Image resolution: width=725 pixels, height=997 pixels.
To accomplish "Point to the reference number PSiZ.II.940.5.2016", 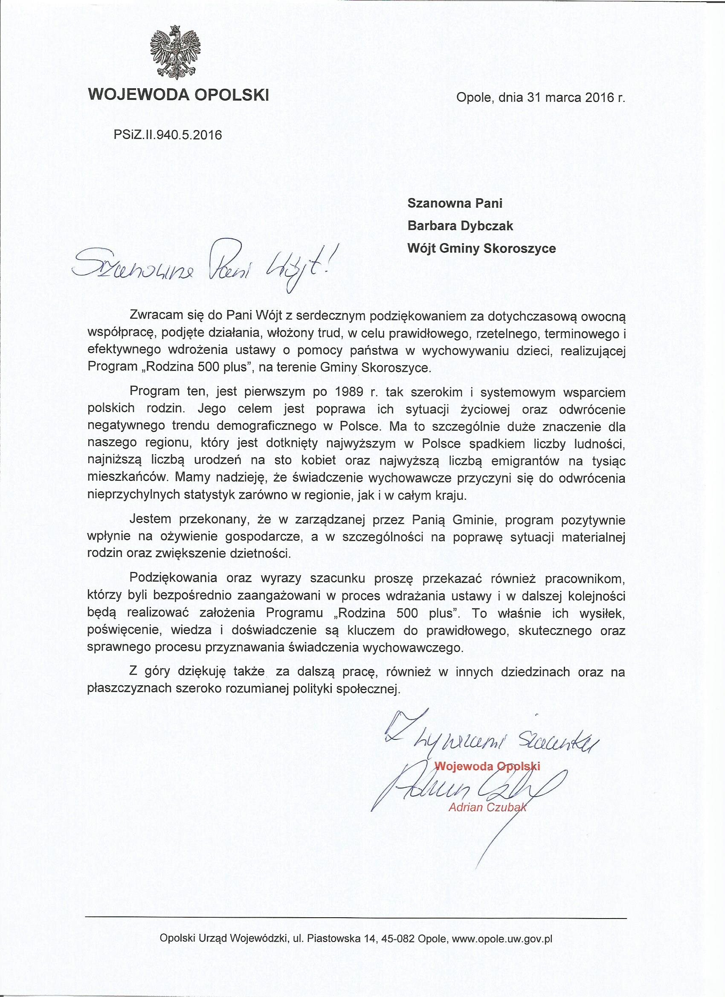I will (168, 134).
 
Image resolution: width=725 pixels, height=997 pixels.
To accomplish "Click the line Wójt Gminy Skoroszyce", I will (482, 248).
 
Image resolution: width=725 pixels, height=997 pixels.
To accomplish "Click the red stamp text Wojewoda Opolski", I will (487, 765).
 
